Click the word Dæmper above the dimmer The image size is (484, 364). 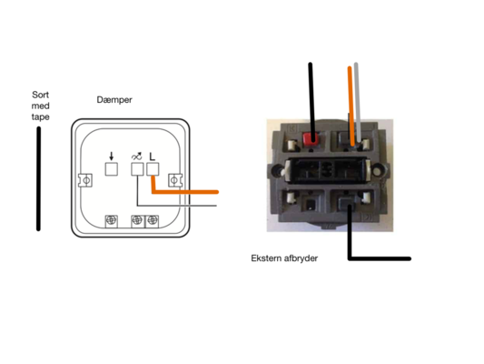click(114, 100)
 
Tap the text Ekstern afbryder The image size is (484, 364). click(284, 258)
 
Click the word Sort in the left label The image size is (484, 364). click(41, 95)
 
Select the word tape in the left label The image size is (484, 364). click(41, 117)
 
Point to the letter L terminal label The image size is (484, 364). click(153, 157)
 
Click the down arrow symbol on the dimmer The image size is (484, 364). click(112, 157)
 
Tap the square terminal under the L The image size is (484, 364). click(153, 169)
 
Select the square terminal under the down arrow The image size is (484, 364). click(112, 169)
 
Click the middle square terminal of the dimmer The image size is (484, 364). click(137, 169)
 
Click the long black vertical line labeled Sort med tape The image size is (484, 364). click(38, 178)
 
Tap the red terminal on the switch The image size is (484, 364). click(310, 138)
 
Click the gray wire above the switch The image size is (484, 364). click(358, 102)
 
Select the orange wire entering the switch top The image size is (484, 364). click(351, 106)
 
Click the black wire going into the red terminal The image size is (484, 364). click(311, 103)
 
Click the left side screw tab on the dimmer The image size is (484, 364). click(85, 180)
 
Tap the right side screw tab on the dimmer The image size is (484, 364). click(175, 180)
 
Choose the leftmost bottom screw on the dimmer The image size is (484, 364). click(112, 221)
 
